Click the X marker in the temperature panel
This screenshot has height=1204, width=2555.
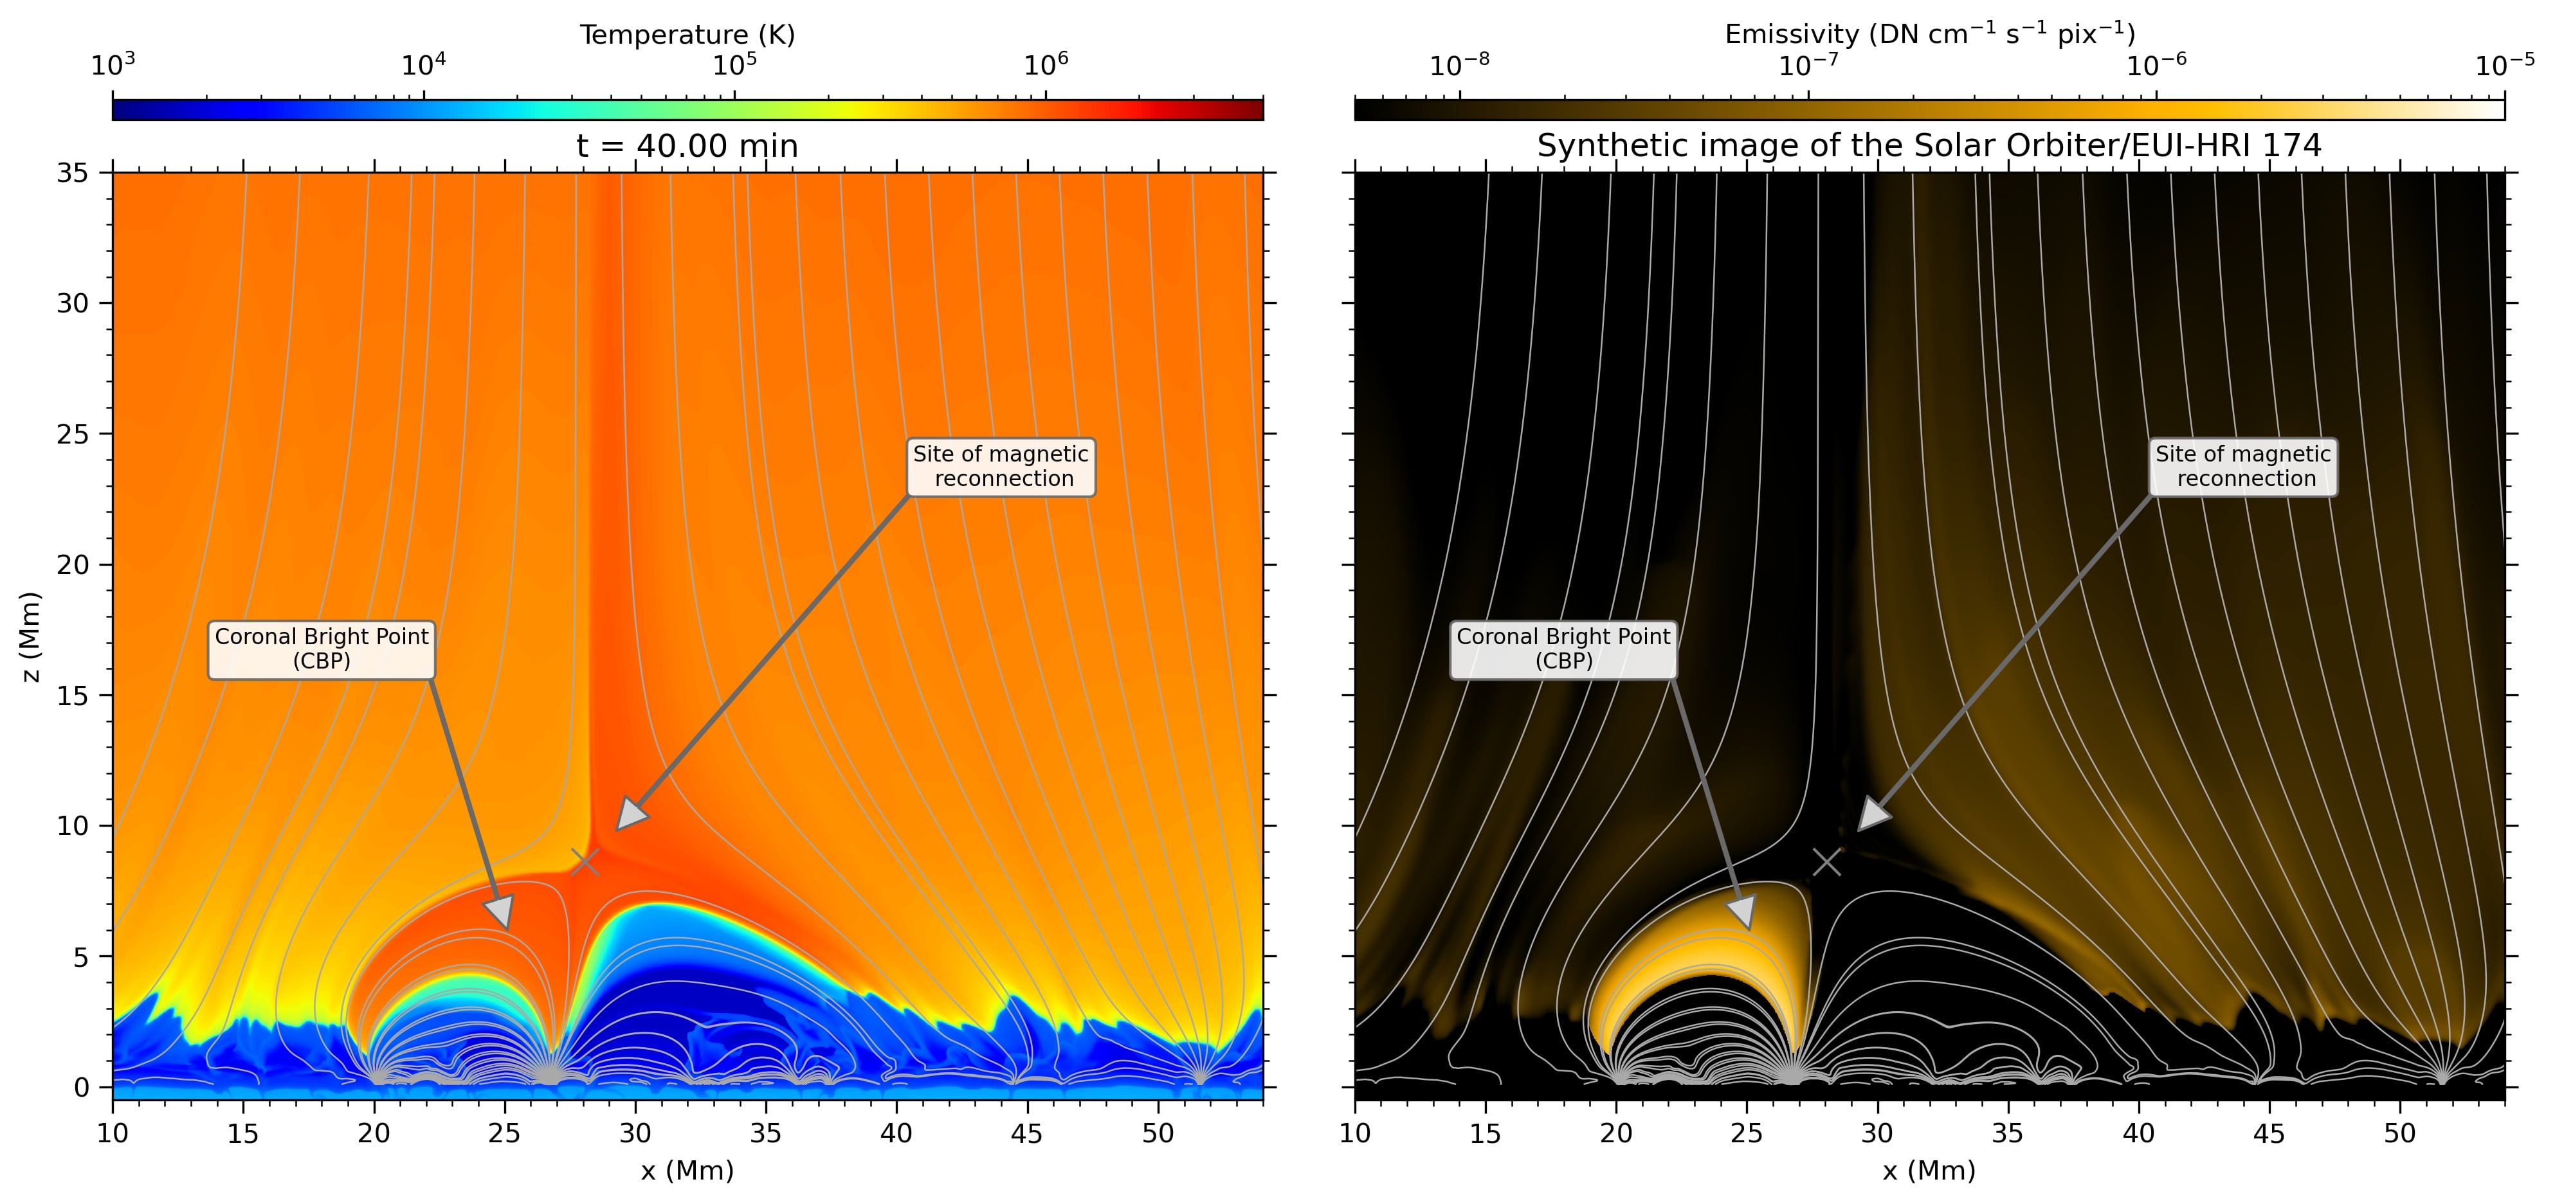(585, 862)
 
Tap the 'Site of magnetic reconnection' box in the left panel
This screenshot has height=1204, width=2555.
(1001, 466)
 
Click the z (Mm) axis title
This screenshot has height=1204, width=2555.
(32, 636)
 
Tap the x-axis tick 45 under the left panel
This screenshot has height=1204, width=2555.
(1026, 1133)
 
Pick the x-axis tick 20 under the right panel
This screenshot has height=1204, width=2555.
(1615, 1133)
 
